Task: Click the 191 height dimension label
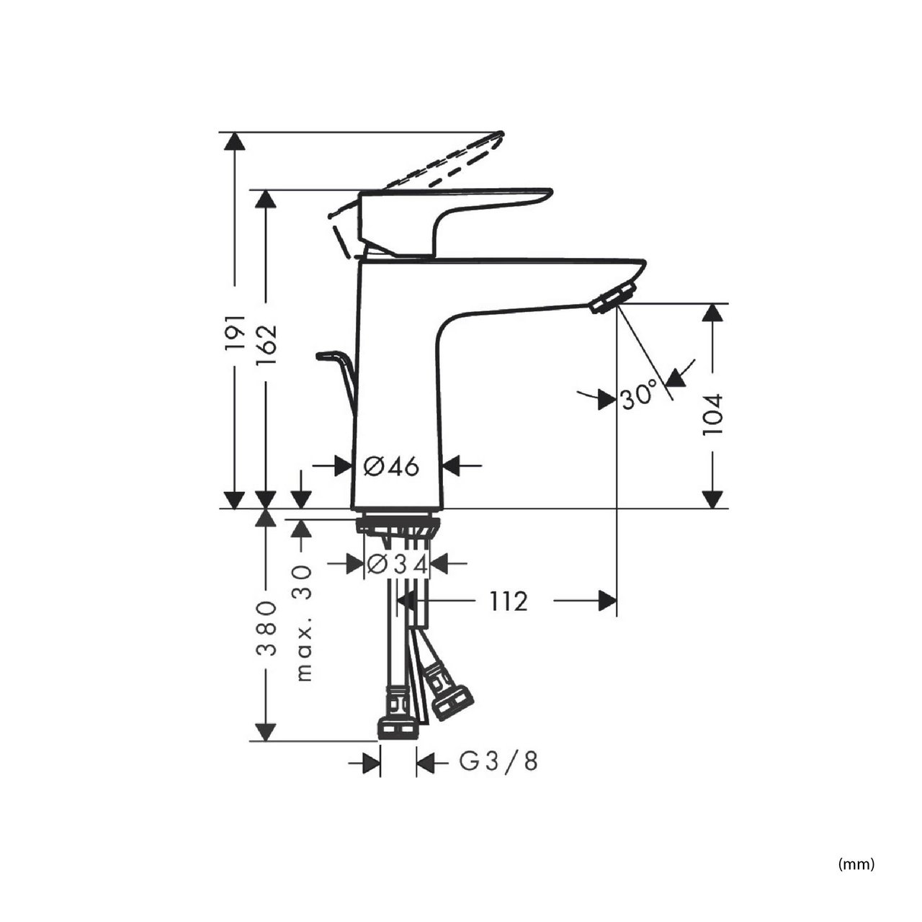pyautogui.click(x=236, y=333)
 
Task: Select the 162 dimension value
pyautogui.click(x=266, y=344)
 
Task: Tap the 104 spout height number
pyautogui.click(x=713, y=414)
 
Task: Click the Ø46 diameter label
pyautogui.click(x=391, y=467)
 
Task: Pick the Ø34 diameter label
pyautogui.click(x=397, y=565)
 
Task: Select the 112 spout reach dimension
pyautogui.click(x=508, y=601)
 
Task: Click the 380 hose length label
pyautogui.click(x=266, y=628)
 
